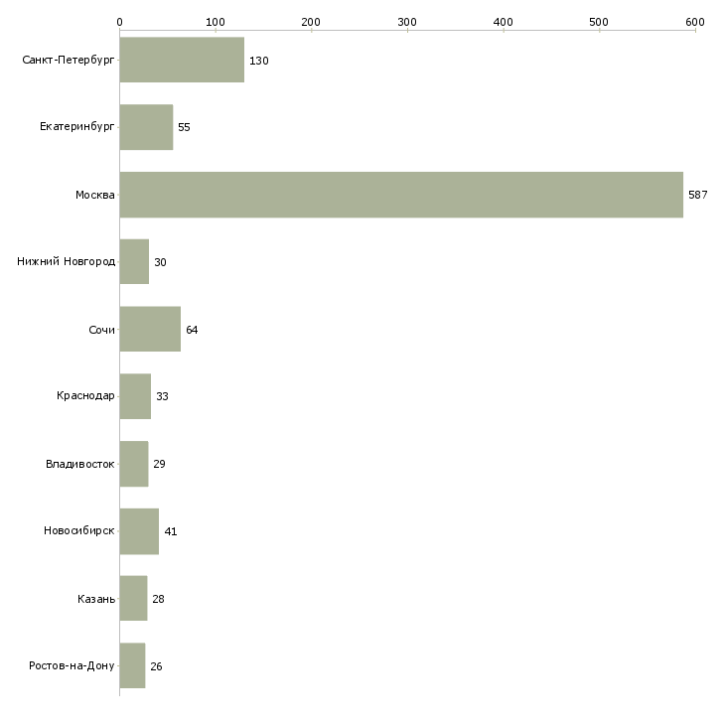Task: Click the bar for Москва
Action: point(401,195)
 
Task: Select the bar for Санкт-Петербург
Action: point(182,61)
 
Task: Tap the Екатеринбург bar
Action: point(146,127)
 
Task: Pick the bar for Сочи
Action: point(150,330)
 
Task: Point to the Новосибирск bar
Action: point(139,531)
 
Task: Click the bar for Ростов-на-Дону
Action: point(132,666)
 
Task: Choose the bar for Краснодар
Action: point(135,396)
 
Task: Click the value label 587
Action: point(697,195)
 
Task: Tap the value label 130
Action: point(259,62)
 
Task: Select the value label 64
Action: point(192,330)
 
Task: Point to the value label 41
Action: point(170,532)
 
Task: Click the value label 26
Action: point(156,666)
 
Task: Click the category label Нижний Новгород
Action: point(67,262)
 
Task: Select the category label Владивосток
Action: point(80,464)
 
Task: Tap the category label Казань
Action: point(96,599)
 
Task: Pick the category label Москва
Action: point(95,195)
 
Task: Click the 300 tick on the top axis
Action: point(407,22)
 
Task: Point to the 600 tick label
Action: point(694,22)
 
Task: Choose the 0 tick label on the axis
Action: point(119,22)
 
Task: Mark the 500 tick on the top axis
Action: point(599,22)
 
